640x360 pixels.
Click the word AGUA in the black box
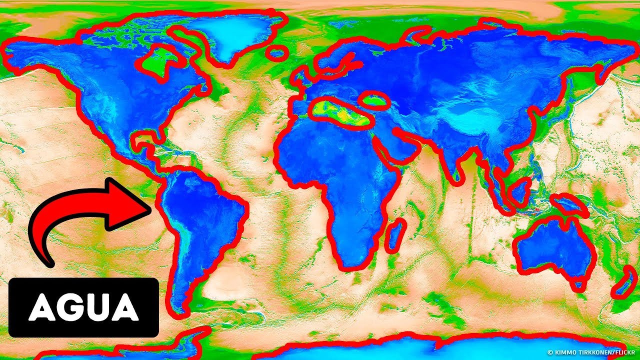83,307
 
